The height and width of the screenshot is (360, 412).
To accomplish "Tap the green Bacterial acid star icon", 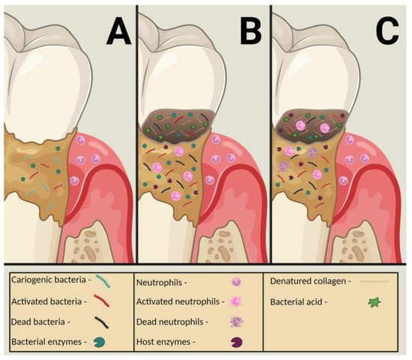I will click(372, 303).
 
